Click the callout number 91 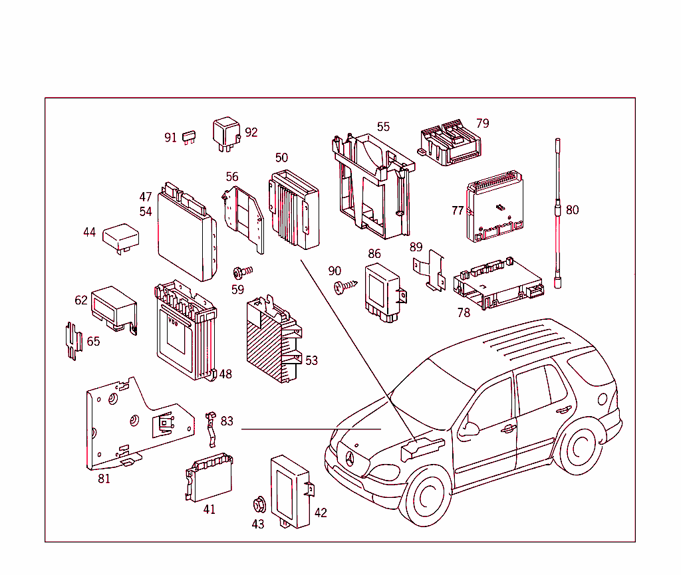coord(171,138)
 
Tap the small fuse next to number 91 coord(188,138)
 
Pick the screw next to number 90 coord(346,286)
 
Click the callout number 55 coord(384,126)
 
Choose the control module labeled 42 coord(291,491)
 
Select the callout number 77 coord(458,211)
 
